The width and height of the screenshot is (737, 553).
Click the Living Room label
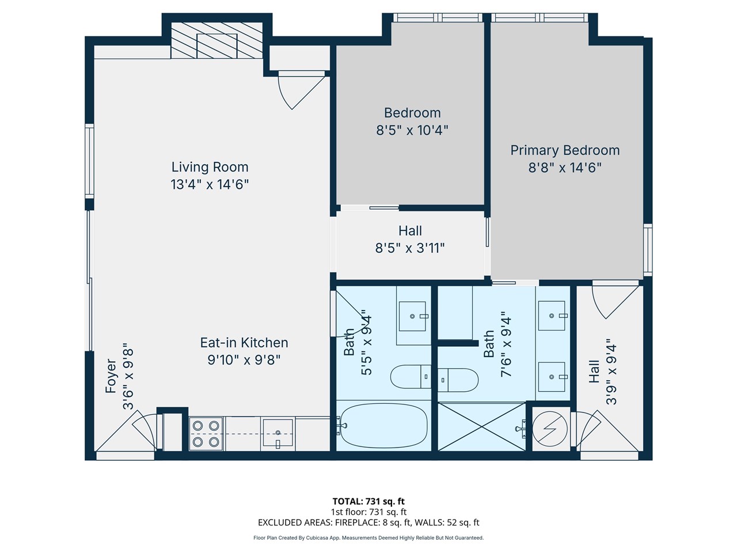210,167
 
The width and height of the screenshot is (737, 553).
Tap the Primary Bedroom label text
565,150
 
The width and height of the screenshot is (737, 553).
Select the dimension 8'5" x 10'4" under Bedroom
412,130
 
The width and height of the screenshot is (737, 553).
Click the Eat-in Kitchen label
244,343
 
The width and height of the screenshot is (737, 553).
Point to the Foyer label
111,376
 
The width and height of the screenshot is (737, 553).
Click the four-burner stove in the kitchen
206,434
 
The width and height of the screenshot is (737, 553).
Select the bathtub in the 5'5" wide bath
383,426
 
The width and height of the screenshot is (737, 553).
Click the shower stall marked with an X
481,426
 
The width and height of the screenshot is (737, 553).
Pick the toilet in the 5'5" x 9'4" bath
410,377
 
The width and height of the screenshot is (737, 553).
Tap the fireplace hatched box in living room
216,41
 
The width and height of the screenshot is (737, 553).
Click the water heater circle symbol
550,428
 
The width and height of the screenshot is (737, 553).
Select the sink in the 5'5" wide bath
412,316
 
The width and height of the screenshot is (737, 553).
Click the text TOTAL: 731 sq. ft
368,501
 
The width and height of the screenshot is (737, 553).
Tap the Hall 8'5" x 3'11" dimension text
410,248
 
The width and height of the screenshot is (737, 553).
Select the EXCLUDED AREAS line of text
368,522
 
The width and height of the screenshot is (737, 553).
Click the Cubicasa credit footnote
368,538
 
